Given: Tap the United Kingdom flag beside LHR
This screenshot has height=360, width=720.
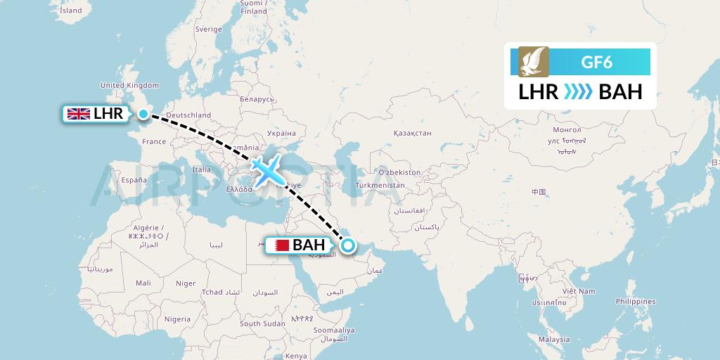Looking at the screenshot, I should point(77,113).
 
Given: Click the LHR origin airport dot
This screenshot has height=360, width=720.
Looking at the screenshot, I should point(143,114).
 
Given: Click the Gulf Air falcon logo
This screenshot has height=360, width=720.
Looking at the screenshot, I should point(529,62).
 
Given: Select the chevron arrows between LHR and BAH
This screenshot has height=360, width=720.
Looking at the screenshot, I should point(578,92).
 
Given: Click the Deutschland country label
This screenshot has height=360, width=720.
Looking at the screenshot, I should point(189,115).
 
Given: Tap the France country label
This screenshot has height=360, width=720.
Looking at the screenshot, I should point(154,141).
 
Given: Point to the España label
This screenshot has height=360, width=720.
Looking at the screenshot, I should point(134,180).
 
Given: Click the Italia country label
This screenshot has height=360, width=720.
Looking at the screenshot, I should point(202,169).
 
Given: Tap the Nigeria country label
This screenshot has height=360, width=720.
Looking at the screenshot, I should point(178,319).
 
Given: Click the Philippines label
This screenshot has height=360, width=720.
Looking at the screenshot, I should point(635,301).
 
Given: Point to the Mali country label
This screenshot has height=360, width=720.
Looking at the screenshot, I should point(143,283).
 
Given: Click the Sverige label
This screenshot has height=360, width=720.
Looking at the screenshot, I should point(208,29).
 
